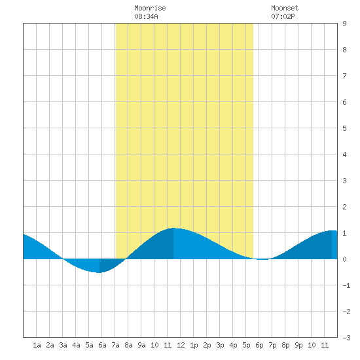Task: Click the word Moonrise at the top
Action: tap(150, 8)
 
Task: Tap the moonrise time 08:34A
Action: tap(146, 16)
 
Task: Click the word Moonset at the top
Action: tap(285, 8)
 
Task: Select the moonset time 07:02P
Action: tap(283, 16)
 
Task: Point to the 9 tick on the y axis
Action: tap(344, 24)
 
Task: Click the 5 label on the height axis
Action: tap(344, 128)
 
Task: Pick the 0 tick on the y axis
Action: tap(344, 259)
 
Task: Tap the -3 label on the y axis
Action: tap(346, 338)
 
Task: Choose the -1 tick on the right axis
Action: tap(346, 285)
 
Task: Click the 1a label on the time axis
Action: tap(37, 345)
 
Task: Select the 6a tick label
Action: tap(102, 345)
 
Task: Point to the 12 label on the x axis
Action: tap(181, 345)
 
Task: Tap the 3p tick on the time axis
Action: tap(220, 345)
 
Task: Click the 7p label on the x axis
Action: tap(272, 345)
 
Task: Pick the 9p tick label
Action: tap(298, 345)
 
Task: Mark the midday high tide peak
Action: tap(173, 228)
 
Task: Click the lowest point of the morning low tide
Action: tap(99, 272)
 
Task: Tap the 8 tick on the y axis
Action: tap(344, 50)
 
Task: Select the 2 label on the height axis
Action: tap(344, 207)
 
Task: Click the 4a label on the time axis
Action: tap(76, 345)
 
